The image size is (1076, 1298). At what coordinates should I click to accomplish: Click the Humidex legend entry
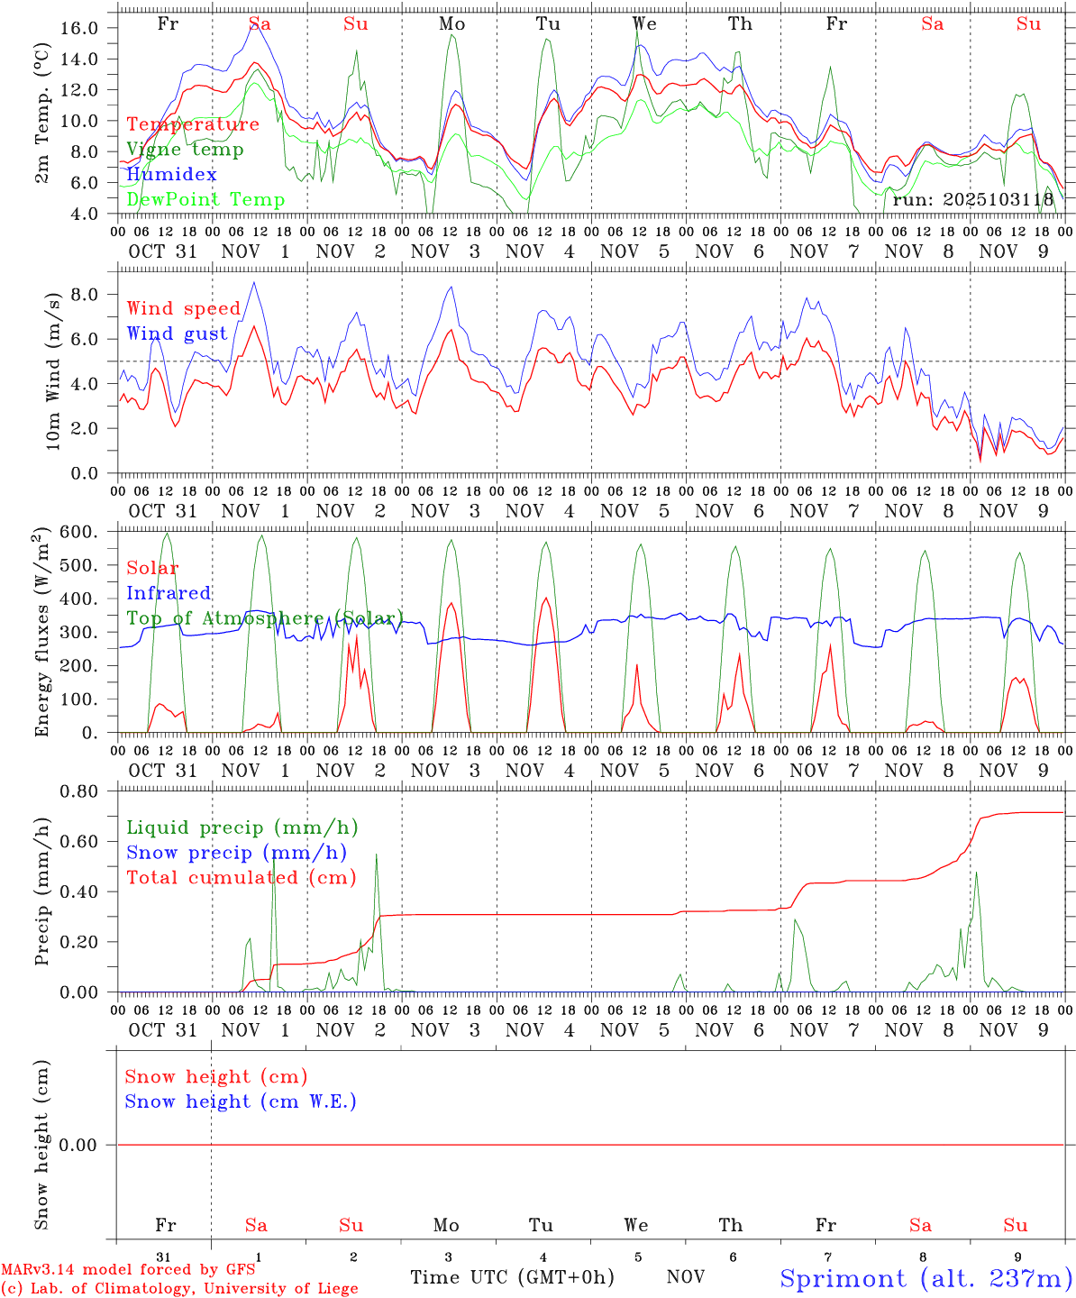click(171, 175)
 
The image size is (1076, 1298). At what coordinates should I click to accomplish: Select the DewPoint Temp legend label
click(205, 200)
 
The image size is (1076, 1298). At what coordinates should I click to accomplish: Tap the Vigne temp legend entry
click(185, 150)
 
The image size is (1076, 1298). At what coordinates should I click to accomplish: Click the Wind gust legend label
click(177, 334)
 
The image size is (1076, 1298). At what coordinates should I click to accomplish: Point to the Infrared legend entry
click(169, 593)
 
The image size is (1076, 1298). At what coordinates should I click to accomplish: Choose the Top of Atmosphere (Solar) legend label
click(265, 618)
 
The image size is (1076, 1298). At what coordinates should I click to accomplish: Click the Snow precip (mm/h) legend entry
click(236, 853)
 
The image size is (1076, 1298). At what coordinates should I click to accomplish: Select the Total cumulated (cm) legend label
click(241, 878)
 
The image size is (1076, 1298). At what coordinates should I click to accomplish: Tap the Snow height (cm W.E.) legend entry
click(241, 1101)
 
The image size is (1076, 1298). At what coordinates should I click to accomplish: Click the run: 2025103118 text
click(973, 200)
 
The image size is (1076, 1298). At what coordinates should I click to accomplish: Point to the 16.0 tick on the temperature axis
click(79, 28)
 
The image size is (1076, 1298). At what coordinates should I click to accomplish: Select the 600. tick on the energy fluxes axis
click(78, 532)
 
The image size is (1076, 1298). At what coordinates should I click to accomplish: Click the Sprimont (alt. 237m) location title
click(926, 1278)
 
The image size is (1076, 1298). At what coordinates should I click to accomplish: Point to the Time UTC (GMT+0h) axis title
click(512, 1277)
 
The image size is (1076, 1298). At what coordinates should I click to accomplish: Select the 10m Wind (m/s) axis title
click(53, 370)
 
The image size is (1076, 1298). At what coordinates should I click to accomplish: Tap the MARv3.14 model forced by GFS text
click(127, 1270)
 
